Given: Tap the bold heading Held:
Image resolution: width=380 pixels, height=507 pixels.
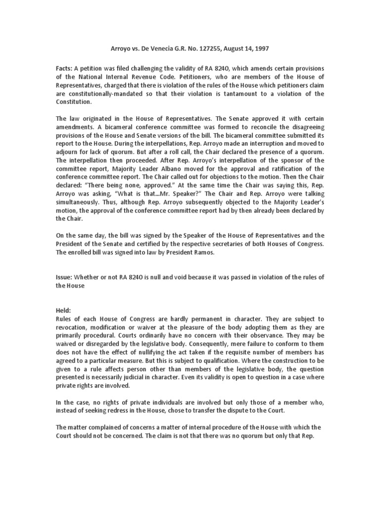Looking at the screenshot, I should (64, 309).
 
